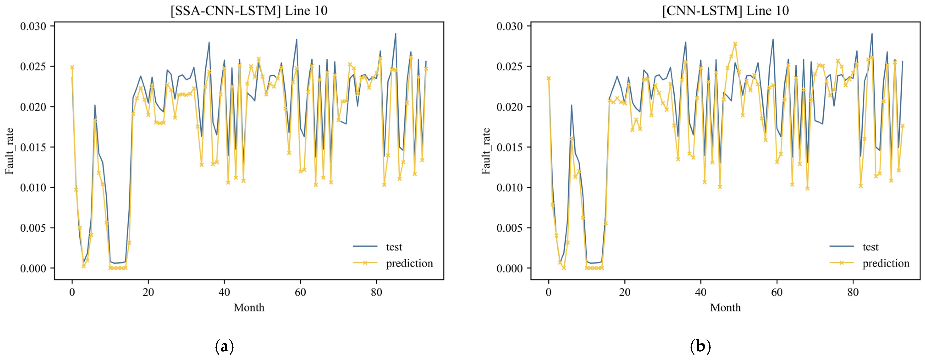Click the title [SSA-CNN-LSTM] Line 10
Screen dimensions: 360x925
click(249, 11)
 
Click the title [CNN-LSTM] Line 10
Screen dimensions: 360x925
click(725, 11)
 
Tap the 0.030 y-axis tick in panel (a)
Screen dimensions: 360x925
click(33, 26)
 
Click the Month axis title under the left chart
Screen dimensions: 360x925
click(249, 308)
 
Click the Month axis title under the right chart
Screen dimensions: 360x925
click(725, 308)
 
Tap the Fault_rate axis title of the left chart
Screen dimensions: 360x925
click(9, 151)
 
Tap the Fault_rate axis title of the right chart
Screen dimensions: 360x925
click(486, 151)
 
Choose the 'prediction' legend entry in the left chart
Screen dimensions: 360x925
click(409, 264)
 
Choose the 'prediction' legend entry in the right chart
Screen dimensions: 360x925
click(886, 264)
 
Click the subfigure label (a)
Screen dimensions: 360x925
click(224, 346)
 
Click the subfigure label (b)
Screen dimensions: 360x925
click(700, 346)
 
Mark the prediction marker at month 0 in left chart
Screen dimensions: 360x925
click(72, 67)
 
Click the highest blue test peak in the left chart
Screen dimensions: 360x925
click(395, 34)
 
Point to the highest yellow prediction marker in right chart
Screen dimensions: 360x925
click(735, 44)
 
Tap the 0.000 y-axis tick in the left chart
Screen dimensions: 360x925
click(33, 268)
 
